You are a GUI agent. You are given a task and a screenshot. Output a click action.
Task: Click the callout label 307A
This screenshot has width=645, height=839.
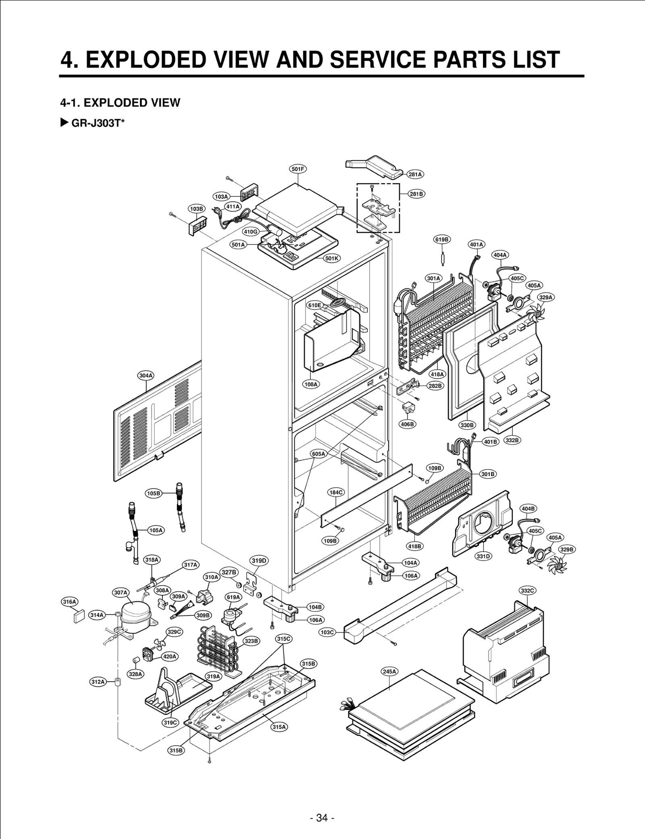121,592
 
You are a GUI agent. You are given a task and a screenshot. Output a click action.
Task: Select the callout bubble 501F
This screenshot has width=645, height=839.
298,169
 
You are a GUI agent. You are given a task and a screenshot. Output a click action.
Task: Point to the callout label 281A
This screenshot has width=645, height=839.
415,174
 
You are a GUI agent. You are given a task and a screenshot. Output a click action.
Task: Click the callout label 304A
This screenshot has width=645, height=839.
146,375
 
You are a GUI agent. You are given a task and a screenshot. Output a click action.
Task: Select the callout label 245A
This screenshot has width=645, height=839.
389,671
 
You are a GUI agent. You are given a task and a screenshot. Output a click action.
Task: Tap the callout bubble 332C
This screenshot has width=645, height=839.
527,590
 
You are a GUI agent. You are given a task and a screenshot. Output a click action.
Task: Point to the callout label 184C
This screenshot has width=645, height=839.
336,492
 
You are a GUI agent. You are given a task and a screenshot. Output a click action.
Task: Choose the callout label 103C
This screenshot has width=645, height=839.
327,632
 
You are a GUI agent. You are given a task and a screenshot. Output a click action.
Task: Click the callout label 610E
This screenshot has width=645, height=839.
315,305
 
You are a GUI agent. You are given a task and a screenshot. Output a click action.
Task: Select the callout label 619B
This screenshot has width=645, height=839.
442,240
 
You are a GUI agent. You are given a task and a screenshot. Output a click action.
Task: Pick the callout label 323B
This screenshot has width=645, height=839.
251,641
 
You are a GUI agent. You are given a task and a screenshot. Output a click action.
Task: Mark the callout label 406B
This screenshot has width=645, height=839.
407,424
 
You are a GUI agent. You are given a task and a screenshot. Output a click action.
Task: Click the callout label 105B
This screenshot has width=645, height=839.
154,493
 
